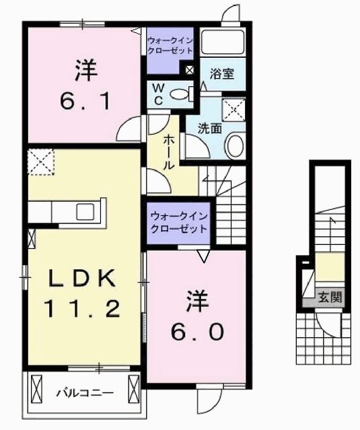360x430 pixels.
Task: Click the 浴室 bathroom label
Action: tap(221, 73)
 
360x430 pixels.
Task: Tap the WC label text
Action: tap(157, 94)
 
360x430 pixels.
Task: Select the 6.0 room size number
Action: tap(194, 331)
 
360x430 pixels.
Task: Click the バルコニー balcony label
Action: tap(85, 391)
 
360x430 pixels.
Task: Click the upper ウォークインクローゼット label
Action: tap(171, 45)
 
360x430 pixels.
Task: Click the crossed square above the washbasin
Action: tap(234, 108)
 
